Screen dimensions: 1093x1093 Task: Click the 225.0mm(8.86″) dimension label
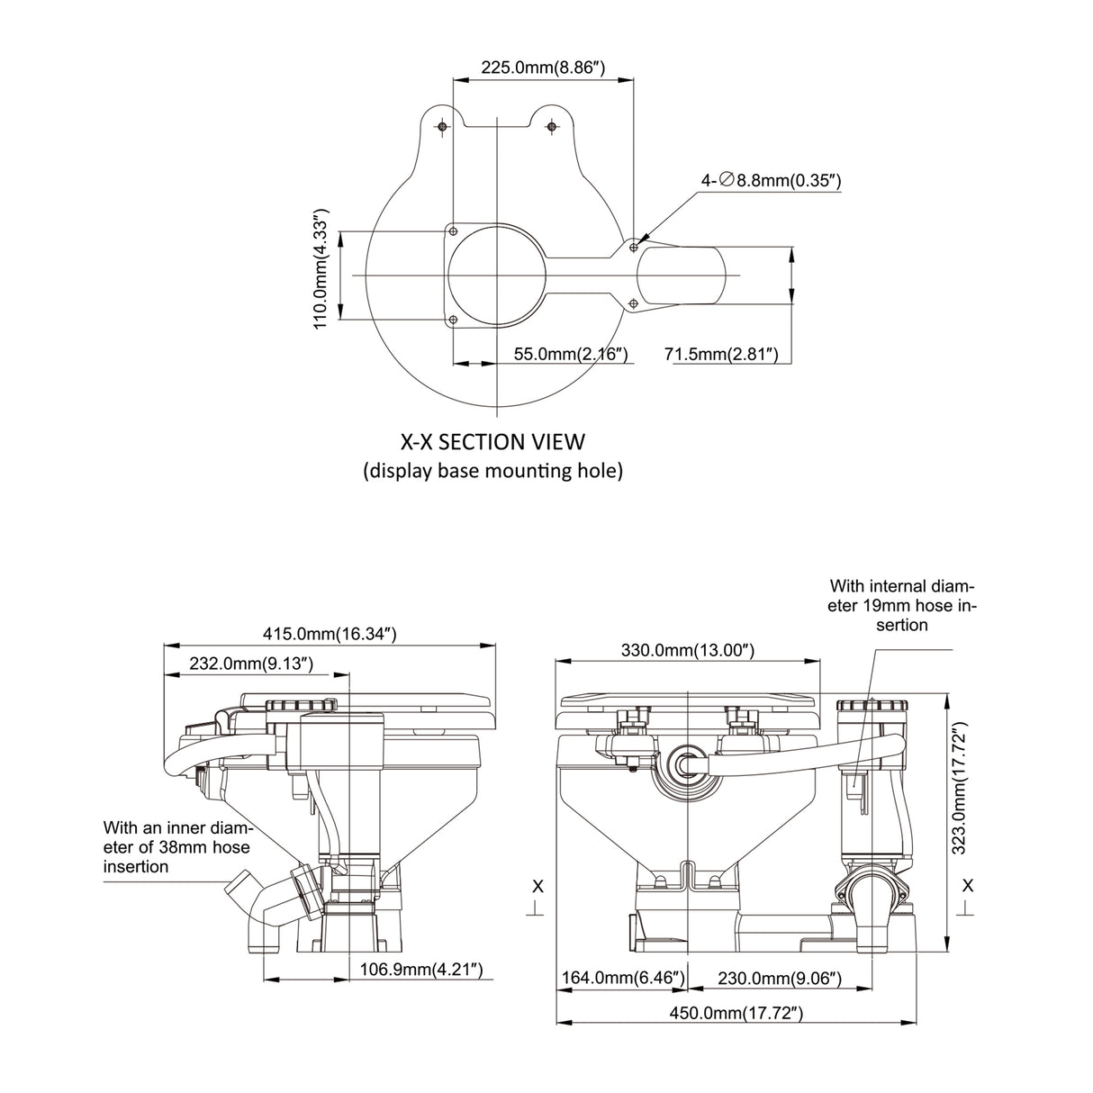tap(542, 67)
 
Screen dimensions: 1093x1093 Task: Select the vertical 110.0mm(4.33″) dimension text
tap(321, 270)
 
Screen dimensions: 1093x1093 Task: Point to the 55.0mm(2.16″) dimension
tap(570, 355)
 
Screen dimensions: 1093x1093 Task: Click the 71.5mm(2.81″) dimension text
tap(720, 355)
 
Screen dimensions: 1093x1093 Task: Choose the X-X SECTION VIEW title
tap(492, 442)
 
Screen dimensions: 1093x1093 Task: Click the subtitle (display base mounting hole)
tap(492, 471)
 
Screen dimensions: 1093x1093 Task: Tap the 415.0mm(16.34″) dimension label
tap(330, 634)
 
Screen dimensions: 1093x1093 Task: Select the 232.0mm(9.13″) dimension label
tap(251, 664)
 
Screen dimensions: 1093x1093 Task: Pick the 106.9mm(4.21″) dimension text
tap(422, 970)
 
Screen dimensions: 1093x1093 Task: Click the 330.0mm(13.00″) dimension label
tap(689, 650)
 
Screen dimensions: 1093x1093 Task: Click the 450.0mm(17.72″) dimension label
tap(736, 1013)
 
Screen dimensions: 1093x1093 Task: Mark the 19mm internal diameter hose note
tap(901, 604)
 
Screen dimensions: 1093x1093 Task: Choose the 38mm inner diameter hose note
tap(176, 846)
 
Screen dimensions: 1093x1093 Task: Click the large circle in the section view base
tap(497, 275)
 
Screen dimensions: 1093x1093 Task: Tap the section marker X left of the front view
tap(537, 887)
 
